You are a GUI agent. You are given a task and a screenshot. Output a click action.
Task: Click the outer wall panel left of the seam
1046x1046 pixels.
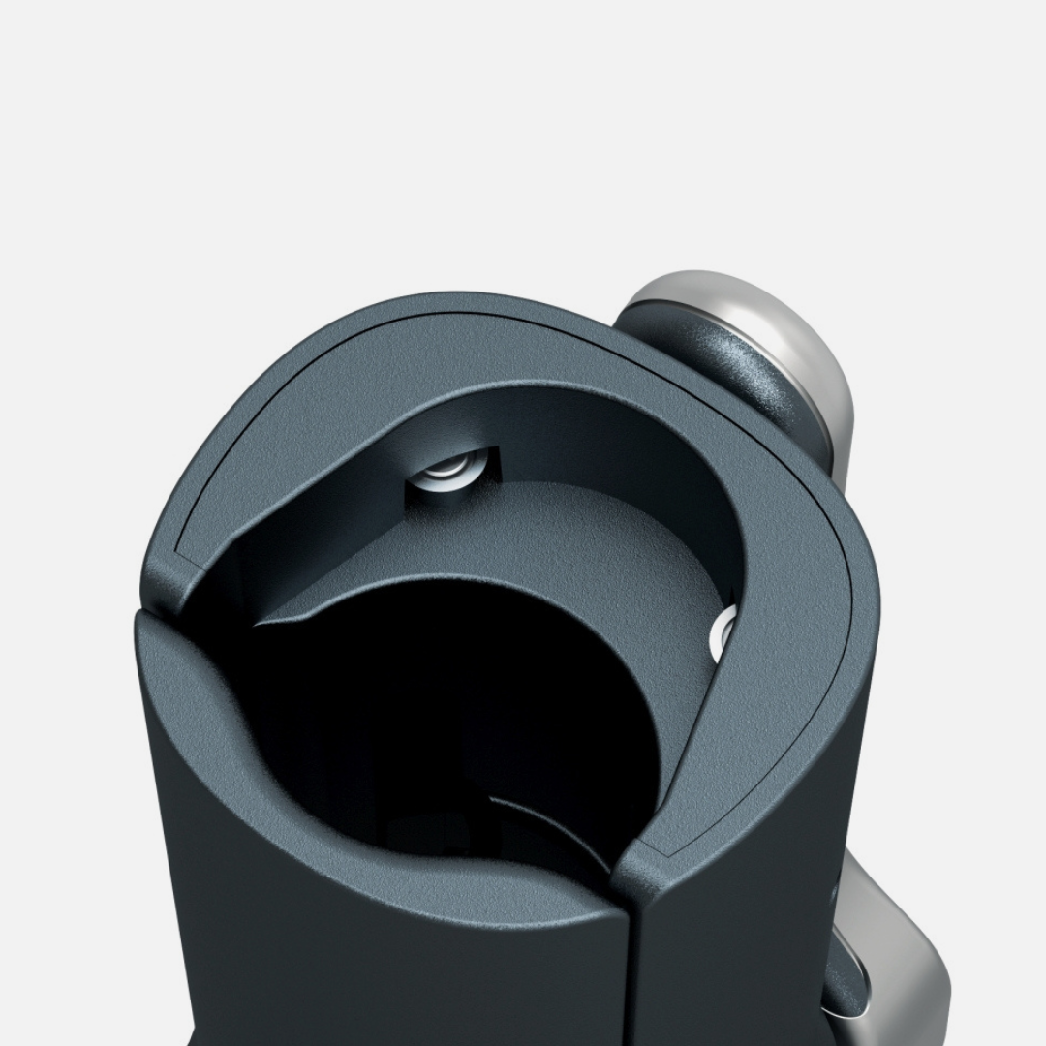(x=387, y=969)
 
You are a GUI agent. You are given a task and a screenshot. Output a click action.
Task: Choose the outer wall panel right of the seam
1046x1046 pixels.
(x=736, y=949)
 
